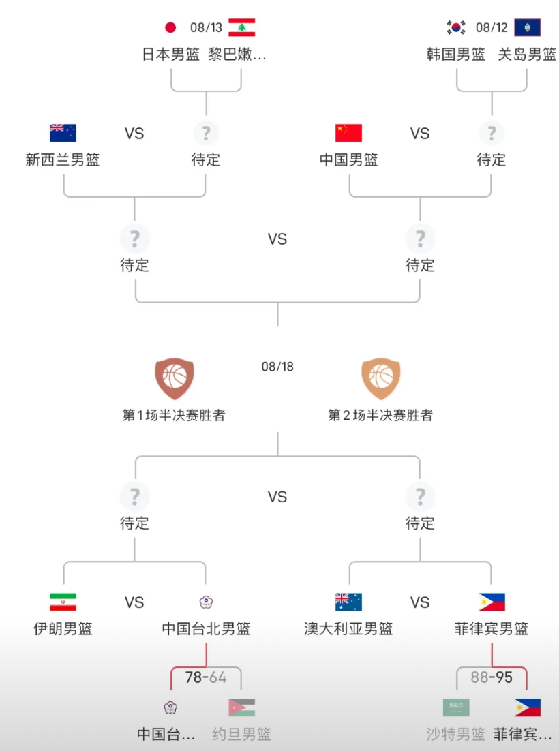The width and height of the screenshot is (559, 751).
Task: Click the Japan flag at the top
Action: click(170, 27)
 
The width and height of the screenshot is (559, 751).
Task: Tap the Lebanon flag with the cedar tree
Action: click(242, 27)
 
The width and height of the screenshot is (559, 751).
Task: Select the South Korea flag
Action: click(455, 27)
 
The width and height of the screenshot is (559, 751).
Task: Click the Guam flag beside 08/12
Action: click(528, 27)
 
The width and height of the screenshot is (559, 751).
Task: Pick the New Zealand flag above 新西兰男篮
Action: click(63, 133)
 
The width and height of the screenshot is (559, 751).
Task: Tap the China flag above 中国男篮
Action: click(349, 133)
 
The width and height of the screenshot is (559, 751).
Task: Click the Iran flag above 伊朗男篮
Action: click(63, 602)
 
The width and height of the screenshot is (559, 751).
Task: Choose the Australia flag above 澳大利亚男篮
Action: click(349, 602)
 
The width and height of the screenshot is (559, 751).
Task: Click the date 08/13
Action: click(206, 27)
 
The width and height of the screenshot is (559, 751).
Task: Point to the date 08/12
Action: click(492, 27)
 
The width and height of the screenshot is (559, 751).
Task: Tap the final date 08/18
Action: click(277, 367)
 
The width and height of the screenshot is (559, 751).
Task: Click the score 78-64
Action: click(206, 677)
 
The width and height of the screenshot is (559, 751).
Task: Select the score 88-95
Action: click(492, 677)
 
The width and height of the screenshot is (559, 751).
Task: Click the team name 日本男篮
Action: click(170, 54)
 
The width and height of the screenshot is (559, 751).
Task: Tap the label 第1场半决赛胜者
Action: click(174, 415)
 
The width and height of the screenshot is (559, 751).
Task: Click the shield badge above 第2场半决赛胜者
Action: click(381, 378)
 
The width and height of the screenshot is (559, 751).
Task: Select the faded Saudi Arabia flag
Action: click(456, 707)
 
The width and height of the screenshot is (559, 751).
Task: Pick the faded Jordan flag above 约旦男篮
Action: click(242, 707)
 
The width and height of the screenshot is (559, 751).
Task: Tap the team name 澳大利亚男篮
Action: click(349, 628)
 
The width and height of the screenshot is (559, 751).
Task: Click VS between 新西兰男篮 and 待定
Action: click(134, 133)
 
